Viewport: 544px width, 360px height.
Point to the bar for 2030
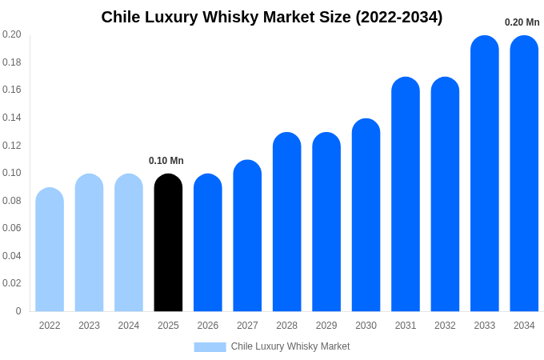(x=366, y=215)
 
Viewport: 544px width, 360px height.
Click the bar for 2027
(x=247, y=236)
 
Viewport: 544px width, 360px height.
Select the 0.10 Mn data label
(x=166, y=161)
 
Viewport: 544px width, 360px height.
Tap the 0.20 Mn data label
(x=522, y=22)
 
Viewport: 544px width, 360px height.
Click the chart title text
(x=272, y=17)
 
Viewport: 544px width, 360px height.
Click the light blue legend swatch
(x=210, y=346)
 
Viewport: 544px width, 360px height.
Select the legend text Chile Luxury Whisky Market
(x=290, y=346)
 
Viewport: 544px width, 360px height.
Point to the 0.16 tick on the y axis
(x=12, y=90)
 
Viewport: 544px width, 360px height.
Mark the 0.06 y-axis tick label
(x=12, y=228)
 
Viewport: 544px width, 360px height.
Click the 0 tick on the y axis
(x=18, y=311)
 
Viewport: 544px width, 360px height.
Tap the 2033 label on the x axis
(x=485, y=326)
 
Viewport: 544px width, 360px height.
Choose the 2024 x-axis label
(x=129, y=326)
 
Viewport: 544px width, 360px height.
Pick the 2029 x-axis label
(x=326, y=326)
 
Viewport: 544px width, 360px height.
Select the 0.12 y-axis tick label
(x=12, y=145)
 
